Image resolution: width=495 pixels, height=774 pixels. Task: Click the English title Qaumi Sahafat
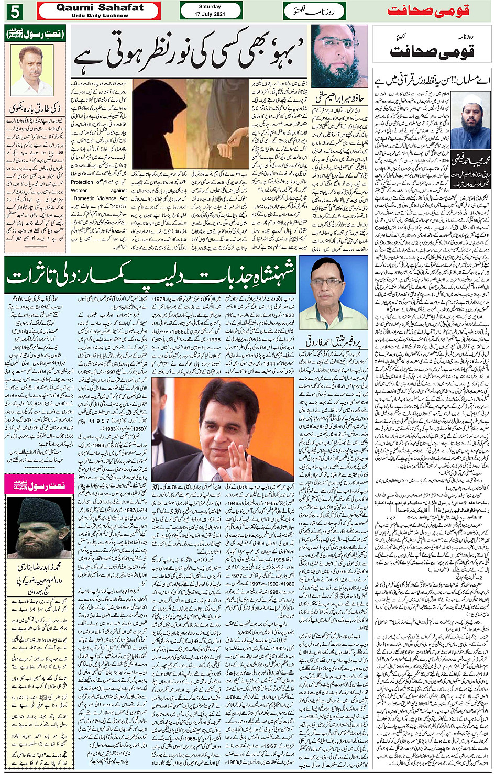pos(100,8)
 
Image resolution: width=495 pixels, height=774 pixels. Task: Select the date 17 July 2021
pos(210,14)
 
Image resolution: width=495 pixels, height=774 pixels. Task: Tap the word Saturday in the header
pos(210,7)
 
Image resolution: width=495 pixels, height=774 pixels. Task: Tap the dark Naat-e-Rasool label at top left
pos(35,35)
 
